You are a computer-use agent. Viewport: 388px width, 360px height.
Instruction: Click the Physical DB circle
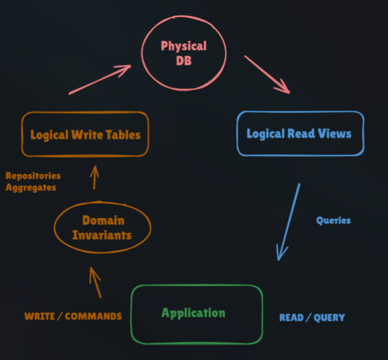tap(184, 54)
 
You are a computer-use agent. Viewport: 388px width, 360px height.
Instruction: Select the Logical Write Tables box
tap(85, 134)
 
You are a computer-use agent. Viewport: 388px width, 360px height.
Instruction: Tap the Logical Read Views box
tap(299, 134)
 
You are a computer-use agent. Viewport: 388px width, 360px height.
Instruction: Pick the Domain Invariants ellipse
tap(102, 228)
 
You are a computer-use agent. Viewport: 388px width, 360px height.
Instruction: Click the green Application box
tap(196, 313)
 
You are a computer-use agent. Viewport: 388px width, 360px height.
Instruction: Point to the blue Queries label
tap(333, 220)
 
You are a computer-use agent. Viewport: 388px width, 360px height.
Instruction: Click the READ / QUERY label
tap(312, 318)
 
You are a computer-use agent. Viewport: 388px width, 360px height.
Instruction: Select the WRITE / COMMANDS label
tap(73, 316)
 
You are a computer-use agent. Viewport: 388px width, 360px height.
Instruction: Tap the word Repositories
tap(33, 176)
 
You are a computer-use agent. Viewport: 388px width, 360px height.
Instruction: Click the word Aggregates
tap(31, 187)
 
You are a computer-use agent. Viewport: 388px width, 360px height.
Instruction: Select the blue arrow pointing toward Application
tap(288, 222)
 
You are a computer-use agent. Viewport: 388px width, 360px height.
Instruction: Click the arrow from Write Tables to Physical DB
tap(100, 79)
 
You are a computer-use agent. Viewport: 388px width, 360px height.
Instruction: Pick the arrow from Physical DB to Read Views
tap(267, 74)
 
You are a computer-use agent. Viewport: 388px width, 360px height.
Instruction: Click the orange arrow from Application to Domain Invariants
tap(95, 282)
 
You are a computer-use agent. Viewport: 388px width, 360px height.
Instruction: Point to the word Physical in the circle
tap(184, 46)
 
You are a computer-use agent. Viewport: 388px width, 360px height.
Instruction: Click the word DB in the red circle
tap(184, 62)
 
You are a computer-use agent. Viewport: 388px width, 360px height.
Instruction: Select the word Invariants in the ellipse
tap(102, 235)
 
